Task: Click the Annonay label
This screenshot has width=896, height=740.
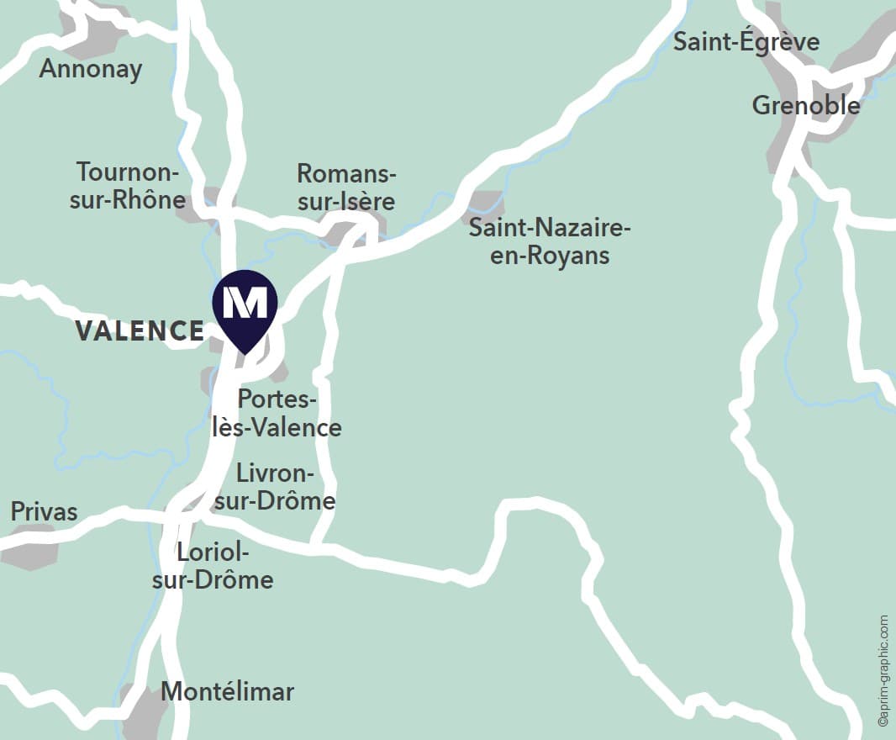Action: (91, 69)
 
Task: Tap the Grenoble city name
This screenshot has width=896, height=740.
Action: (805, 105)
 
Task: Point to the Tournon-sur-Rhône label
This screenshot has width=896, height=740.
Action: (130, 186)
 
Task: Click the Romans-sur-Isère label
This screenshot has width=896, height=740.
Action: (345, 187)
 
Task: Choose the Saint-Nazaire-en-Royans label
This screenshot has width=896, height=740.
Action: (550, 241)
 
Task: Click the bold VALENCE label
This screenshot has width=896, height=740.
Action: (140, 331)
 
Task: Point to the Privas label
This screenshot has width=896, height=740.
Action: (44, 511)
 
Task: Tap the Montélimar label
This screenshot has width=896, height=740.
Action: (227, 692)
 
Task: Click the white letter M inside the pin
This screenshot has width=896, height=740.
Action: (245, 301)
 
